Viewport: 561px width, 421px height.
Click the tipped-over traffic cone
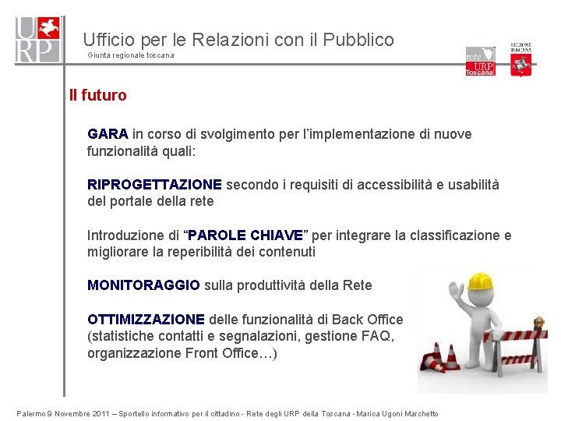tap(434, 362)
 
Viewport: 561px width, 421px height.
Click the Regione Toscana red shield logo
tap(521, 60)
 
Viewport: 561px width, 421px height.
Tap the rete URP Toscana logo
tap(480, 61)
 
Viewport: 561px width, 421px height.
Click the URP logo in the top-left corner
tap(37, 39)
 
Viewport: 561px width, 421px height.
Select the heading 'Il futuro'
tap(97, 96)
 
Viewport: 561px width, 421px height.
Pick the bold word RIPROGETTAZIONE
tap(154, 185)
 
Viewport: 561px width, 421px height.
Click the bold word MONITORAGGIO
tap(143, 285)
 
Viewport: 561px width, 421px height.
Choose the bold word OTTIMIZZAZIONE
tap(146, 320)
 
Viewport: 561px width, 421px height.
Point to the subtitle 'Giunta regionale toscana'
tap(131, 55)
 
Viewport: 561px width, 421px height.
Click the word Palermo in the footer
tap(32, 414)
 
